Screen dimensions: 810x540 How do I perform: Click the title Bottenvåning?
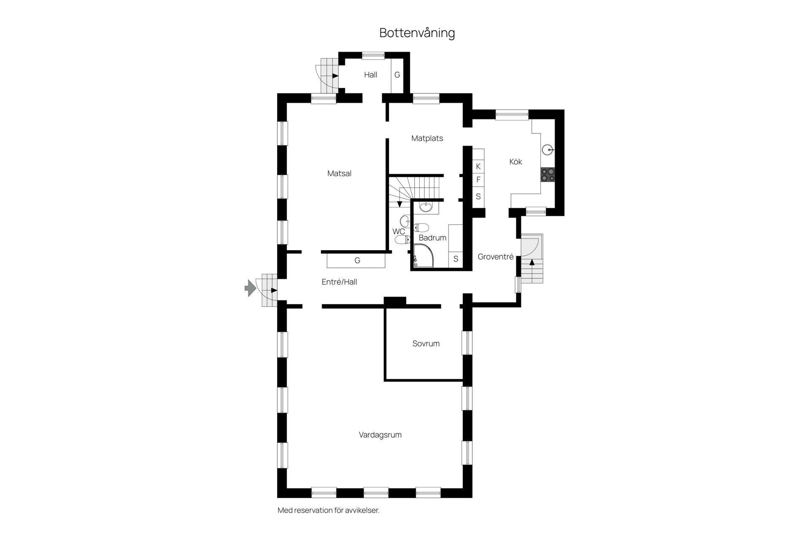pos(417,33)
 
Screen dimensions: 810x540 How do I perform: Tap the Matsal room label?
pos(339,173)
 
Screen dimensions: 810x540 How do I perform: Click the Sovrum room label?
pos(426,344)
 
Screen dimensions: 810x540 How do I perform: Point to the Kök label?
pos(516,162)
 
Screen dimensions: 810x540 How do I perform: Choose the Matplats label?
pos(427,138)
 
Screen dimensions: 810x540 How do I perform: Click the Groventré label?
pos(496,256)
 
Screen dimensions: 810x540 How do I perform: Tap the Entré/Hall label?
pos(339,282)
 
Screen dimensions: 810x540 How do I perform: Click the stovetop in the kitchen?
pos(548,175)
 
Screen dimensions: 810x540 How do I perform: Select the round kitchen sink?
pos(548,149)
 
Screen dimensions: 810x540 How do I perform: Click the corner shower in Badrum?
pos(423,256)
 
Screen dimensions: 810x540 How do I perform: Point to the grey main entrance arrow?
pos(250,288)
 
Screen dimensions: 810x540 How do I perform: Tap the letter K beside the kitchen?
pos(478,167)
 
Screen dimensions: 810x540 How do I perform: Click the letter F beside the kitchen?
pos(478,180)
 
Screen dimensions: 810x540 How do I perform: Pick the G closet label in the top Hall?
pos(397,75)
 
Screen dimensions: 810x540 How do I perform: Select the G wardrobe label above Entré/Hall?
pos(357,261)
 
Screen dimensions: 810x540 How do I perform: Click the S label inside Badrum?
pos(456,259)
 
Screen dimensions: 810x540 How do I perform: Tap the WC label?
pos(399,232)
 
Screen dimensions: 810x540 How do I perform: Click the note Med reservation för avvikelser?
pos(329,510)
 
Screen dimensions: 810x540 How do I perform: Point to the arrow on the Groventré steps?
pos(532,262)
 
